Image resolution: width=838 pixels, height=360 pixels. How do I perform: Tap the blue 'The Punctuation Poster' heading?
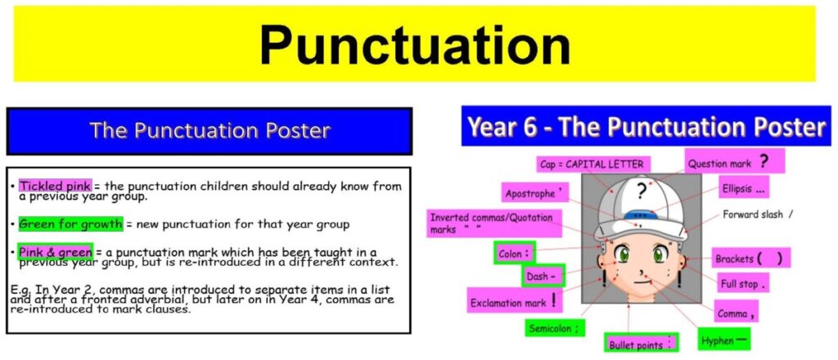coord(209,131)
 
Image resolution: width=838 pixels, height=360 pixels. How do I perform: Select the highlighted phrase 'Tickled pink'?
coord(56,186)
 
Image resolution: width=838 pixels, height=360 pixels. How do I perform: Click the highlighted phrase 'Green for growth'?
coord(70,224)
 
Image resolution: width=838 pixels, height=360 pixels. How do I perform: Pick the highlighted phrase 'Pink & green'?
coord(56,251)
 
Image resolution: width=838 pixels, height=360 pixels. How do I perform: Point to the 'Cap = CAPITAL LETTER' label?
coord(592,164)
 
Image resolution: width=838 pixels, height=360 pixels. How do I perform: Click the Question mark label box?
coord(734,161)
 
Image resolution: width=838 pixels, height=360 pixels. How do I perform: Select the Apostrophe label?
coord(534,193)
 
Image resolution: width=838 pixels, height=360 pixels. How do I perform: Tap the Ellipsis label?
coord(743,188)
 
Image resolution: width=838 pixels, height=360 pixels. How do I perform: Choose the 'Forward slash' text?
coord(757,214)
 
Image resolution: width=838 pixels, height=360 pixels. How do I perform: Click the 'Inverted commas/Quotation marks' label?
coord(494,223)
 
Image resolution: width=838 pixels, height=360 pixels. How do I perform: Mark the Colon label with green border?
coord(514,254)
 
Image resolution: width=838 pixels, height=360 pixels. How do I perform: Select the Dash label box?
coord(542,277)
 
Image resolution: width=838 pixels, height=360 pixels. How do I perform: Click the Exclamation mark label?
coord(515,302)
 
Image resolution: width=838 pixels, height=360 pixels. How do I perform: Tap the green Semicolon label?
coord(554,328)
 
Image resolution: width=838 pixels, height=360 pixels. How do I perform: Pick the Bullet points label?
coord(642,344)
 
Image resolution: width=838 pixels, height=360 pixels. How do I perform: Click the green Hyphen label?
coord(723,340)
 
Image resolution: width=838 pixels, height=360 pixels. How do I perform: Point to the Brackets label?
coord(750,259)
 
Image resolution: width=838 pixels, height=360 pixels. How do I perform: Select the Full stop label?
coord(743,283)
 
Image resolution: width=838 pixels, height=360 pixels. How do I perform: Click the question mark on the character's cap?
coord(642,191)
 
